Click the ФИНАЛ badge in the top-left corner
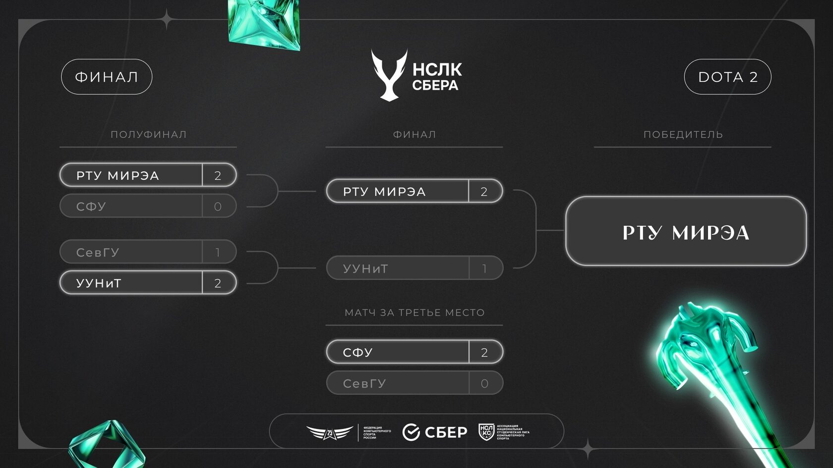click(x=107, y=77)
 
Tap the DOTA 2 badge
click(x=727, y=77)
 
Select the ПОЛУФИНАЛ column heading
click(x=148, y=135)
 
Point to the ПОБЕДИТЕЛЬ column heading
click(x=683, y=135)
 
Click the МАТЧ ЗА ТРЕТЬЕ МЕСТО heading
click(x=415, y=312)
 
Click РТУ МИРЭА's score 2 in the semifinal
click(x=218, y=175)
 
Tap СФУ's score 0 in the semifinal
click(x=218, y=207)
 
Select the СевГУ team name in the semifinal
click(x=98, y=253)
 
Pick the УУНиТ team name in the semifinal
click(x=99, y=283)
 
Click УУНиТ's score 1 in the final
click(x=484, y=268)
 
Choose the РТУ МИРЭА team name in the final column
click(x=384, y=192)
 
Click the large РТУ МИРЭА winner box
click(x=686, y=232)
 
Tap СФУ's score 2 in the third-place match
click(x=484, y=353)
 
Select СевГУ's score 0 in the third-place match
click(x=484, y=383)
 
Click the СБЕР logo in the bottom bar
click(x=435, y=432)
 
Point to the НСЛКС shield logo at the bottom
click(x=486, y=432)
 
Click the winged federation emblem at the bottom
click(x=329, y=433)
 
